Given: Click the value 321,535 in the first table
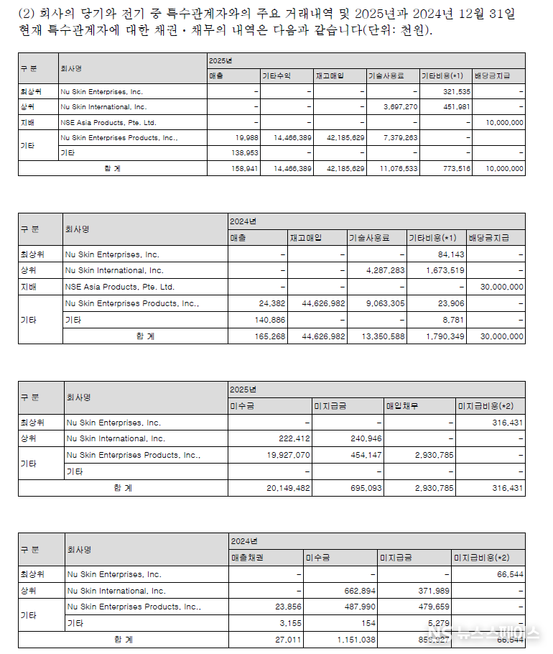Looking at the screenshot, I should tap(456, 92).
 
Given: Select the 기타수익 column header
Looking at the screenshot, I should tap(276, 75).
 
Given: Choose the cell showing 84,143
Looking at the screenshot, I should tap(449, 254).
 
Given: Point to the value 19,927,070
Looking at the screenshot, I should tap(287, 455).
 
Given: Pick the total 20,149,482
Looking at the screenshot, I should tap(287, 488).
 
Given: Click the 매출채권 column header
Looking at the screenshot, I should tap(248, 558).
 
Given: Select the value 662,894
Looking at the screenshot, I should tap(356, 591).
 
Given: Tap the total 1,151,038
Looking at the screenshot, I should tap(355, 638).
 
